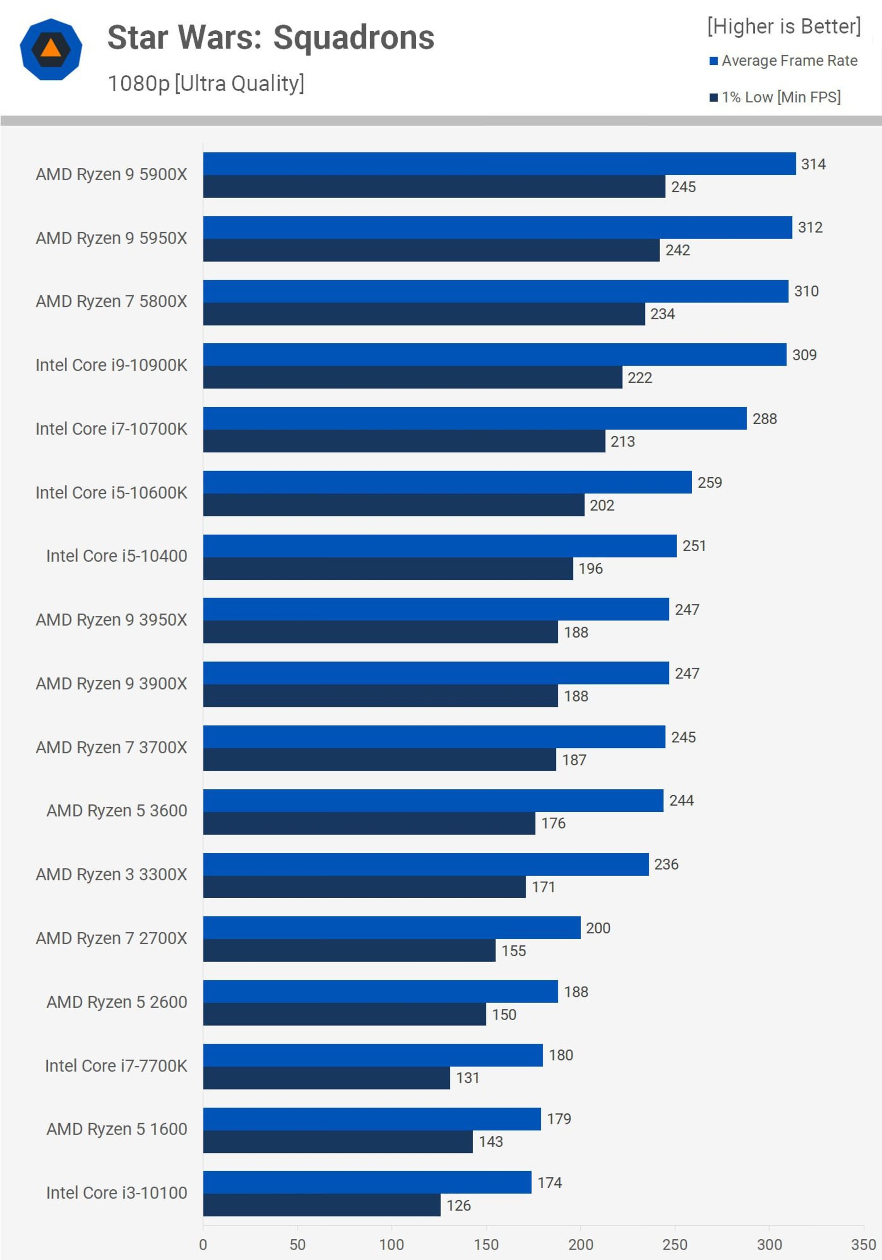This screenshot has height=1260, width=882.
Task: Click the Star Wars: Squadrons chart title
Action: tap(271, 38)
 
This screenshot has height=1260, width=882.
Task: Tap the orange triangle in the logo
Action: tap(51, 48)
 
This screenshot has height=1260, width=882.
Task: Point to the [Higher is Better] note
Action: tap(784, 26)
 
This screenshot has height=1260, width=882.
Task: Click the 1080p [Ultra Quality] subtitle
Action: tap(206, 83)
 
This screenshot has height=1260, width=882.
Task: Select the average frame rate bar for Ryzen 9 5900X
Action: tap(499, 164)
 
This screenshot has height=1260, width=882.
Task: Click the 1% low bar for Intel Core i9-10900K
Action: tap(413, 377)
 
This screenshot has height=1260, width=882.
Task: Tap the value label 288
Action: tap(764, 419)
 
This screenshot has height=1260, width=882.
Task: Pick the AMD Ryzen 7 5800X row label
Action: tap(111, 301)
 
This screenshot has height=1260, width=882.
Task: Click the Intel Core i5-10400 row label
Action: tap(116, 556)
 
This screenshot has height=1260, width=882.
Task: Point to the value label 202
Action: tap(602, 506)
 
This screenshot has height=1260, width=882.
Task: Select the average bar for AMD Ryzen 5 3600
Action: tap(433, 801)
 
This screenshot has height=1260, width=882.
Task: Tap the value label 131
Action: tap(467, 1078)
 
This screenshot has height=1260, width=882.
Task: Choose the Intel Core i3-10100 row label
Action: tap(116, 1192)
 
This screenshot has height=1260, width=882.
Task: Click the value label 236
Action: tap(666, 864)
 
